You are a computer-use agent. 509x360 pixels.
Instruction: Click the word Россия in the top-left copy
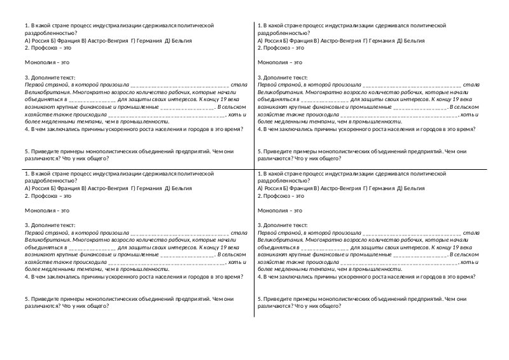[39, 39]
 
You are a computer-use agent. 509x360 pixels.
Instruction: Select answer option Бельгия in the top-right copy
[413, 39]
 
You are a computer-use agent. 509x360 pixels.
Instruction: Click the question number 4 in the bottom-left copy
[26, 277]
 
